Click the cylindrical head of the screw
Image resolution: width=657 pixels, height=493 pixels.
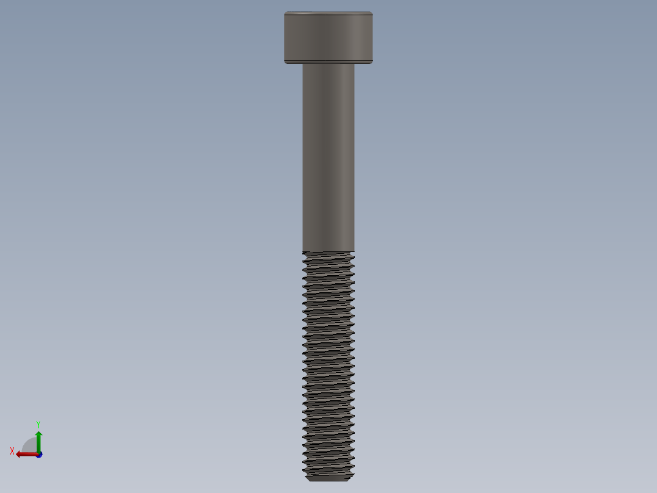(x=328, y=37)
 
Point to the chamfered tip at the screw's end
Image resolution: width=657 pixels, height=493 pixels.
(x=328, y=478)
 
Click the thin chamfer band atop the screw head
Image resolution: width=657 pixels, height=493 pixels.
(x=328, y=13)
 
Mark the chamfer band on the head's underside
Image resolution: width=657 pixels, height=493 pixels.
(x=328, y=62)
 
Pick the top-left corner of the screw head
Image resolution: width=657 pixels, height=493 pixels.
(x=285, y=12)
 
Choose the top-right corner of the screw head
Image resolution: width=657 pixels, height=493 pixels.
(x=372, y=12)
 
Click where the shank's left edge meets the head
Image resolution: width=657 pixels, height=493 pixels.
(x=303, y=64)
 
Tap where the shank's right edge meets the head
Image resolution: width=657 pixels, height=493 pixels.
(x=354, y=64)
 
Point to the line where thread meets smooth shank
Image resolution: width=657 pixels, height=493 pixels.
(x=328, y=251)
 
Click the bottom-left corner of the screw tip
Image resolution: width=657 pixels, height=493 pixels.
(x=308, y=480)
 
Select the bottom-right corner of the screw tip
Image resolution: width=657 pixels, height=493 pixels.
(x=349, y=480)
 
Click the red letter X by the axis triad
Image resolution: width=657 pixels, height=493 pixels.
(x=12, y=451)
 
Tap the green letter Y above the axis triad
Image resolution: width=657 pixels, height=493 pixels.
(x=38, y=423)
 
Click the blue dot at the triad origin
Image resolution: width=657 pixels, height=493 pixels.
(x=38, y=455)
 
